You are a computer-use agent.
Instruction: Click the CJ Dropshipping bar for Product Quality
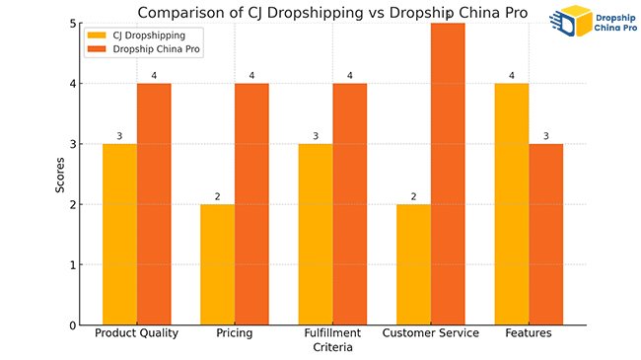120,234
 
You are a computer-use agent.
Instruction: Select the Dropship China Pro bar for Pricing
251,204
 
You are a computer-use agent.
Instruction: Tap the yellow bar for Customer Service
413,264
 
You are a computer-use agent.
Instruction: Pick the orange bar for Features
544,234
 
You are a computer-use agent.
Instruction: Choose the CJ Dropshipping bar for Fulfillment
316,234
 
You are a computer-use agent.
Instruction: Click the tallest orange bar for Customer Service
447,174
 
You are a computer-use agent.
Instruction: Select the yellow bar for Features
511,204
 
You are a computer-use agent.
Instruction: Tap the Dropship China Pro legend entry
149,49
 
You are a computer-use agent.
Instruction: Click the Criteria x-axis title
332,348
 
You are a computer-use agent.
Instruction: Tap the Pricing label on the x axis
235,333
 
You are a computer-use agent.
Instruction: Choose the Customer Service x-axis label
430,333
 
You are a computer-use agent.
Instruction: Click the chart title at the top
332,12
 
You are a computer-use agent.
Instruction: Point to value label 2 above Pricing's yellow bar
218,197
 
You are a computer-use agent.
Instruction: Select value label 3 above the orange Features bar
544,136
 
